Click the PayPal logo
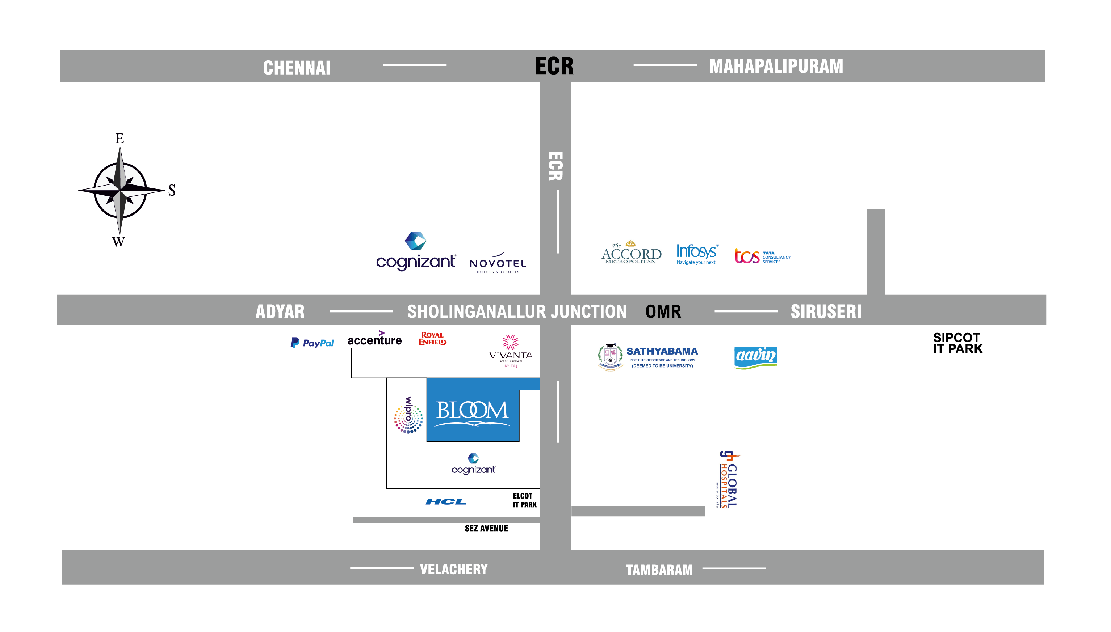click(312, 343)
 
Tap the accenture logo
click(374, 339)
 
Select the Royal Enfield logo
click(432, 339)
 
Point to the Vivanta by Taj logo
click(511, 351)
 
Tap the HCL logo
click(446, 502)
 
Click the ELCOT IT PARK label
click(524, 500)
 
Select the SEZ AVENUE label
click(486, 528)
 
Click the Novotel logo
click(498, 263)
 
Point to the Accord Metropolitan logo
click(631, 253)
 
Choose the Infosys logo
click(696, 254)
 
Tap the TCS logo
click(762, 256)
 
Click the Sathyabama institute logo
click(648, 357)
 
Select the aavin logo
click(756, 357)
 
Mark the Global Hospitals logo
click(728, 479)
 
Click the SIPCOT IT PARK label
click(957, 343)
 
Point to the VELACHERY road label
click(454, 569)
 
